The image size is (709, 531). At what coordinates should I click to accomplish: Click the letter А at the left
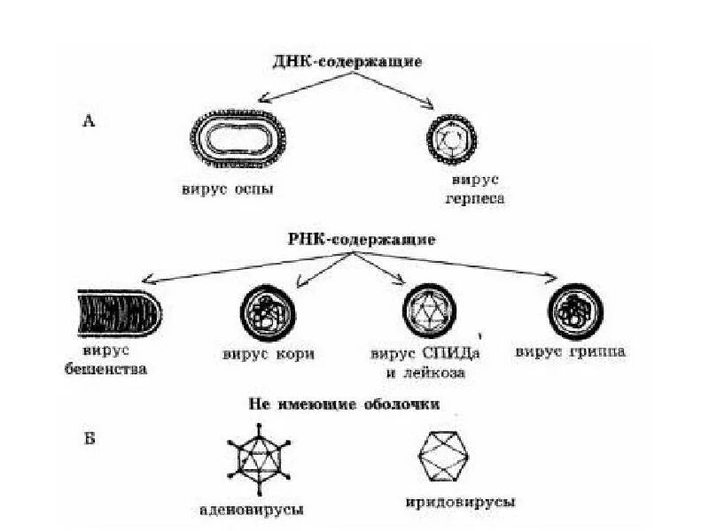click(89, 121)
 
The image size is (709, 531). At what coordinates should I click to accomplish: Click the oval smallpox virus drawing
click(236, 139)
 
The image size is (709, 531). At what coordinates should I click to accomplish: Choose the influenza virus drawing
click(575, 312)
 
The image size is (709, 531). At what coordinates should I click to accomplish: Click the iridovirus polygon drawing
click(448, 456)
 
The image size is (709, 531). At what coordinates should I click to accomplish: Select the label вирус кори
click(269, 356)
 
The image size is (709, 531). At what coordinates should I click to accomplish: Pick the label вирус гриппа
click(571, 351)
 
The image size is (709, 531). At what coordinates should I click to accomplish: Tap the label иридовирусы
click(467, 502)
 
